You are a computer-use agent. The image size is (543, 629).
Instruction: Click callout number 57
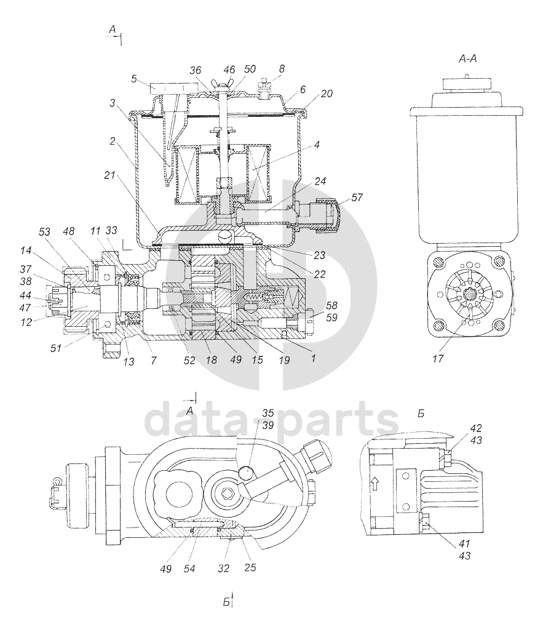coord(357,199)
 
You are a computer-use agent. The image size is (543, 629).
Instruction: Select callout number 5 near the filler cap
coord(133,79)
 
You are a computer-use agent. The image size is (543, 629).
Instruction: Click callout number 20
coord(327,94)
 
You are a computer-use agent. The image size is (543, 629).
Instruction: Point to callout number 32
coord(223,568)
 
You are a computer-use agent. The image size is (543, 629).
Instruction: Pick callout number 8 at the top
coord(282,70)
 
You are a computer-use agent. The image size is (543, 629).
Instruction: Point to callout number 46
coord(229,70)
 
